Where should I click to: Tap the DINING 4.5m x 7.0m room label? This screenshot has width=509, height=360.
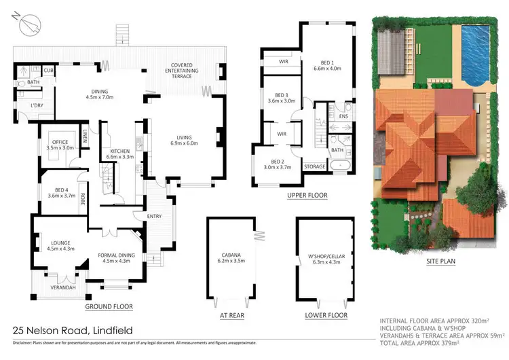(100, 99)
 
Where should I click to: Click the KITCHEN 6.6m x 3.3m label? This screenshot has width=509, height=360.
(120, 154)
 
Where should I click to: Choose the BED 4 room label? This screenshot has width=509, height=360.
(58, 193)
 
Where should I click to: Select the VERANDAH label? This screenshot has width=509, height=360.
(65, 287)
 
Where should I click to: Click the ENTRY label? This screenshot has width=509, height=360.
(154, 216)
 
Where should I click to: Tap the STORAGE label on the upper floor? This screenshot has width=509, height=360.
(316, 166)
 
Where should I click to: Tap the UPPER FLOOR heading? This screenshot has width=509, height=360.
(307, 195)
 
